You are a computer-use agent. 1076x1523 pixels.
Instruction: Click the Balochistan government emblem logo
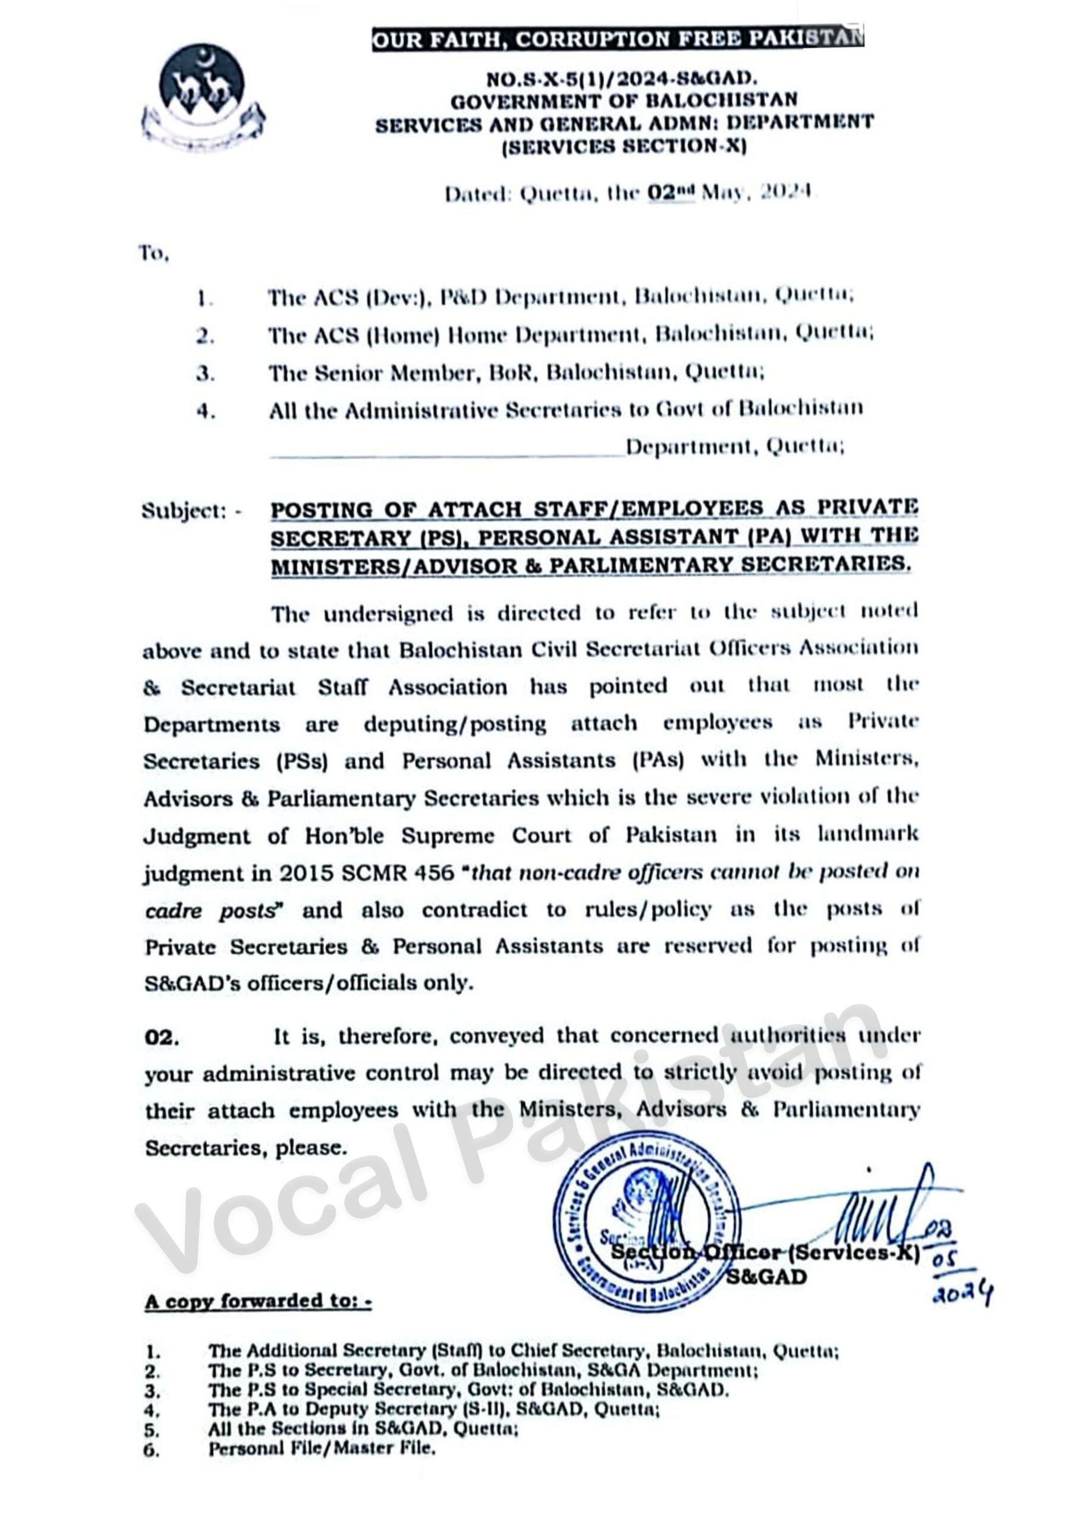click(203, 98)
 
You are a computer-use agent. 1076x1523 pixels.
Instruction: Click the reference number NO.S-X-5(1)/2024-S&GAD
click(622, 80)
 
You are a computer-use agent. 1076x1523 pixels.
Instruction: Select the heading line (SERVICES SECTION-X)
click(624, 146)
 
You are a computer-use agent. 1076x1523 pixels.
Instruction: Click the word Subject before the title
click(183, 512)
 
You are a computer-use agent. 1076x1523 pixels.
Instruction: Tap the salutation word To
click(153, 253)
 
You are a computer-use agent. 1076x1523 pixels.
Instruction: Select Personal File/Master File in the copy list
click(322, 1449)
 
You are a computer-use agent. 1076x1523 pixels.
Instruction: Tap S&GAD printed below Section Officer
click(766, 1277)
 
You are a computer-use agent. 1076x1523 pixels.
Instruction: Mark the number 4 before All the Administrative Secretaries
click(206, 411)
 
